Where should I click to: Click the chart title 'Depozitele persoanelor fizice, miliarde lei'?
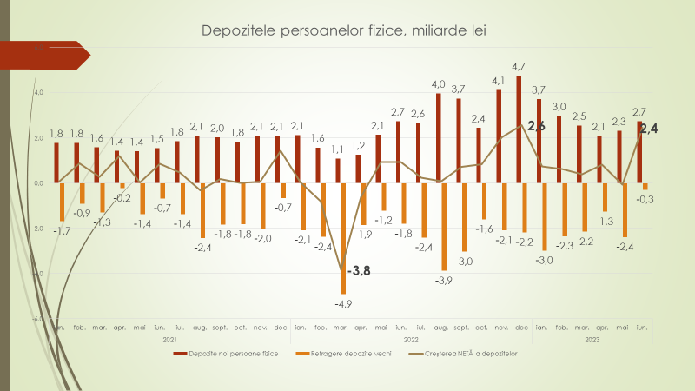point(343,31)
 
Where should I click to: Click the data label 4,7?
point(520,66)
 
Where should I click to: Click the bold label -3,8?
point(358,271)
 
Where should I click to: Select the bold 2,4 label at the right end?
point(648,129)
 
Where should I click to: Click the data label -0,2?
point(123,197)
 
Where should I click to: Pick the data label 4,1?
point(499,81)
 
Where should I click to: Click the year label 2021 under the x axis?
point(171,339)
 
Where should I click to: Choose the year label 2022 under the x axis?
point(412,339)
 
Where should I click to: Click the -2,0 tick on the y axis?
point(37,229)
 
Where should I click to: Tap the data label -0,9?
point(82,213)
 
